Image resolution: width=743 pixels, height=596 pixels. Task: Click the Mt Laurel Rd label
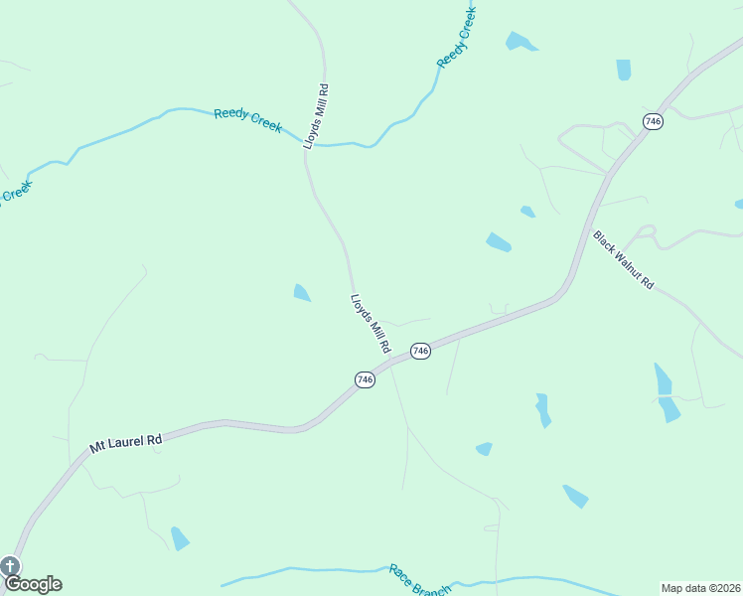125,442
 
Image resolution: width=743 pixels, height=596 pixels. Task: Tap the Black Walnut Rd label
624,260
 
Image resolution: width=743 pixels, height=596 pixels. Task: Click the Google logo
33,584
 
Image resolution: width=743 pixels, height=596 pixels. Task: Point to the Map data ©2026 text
701,588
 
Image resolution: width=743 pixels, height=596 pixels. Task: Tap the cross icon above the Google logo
10,566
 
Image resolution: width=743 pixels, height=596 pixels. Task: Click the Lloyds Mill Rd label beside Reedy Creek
316,116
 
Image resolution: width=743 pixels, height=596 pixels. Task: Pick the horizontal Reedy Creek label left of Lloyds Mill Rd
248,120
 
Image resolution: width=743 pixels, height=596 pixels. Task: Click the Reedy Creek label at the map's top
457,37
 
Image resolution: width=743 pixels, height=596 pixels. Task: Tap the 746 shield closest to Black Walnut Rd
653,121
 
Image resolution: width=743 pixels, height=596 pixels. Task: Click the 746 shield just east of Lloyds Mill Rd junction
420,352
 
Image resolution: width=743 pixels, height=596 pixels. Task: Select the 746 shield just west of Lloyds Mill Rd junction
366,379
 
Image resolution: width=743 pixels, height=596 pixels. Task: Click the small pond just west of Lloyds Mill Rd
301,292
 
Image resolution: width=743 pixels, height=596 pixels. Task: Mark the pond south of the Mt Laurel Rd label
179,538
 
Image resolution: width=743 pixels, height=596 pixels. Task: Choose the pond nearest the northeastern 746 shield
624,70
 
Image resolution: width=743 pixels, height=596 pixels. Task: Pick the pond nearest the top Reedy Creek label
520,42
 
